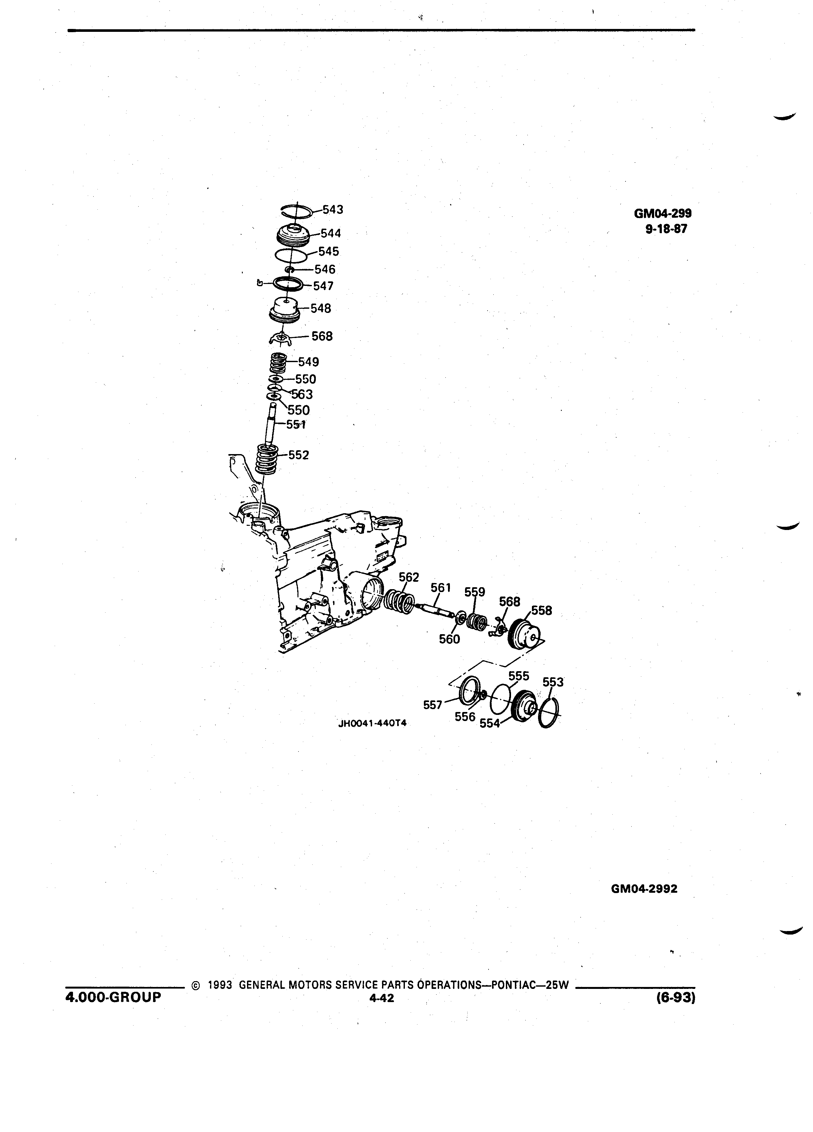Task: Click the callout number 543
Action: pos(333,210)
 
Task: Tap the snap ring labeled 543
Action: pos(297,211)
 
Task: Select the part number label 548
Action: pos(320,308)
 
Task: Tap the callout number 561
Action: pos(441,588)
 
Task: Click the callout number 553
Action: pos(553,682)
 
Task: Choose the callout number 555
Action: pos(518,676)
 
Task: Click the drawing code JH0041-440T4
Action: pos(372,724)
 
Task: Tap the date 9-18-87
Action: pos(666,230)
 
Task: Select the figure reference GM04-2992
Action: pos(644,889)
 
